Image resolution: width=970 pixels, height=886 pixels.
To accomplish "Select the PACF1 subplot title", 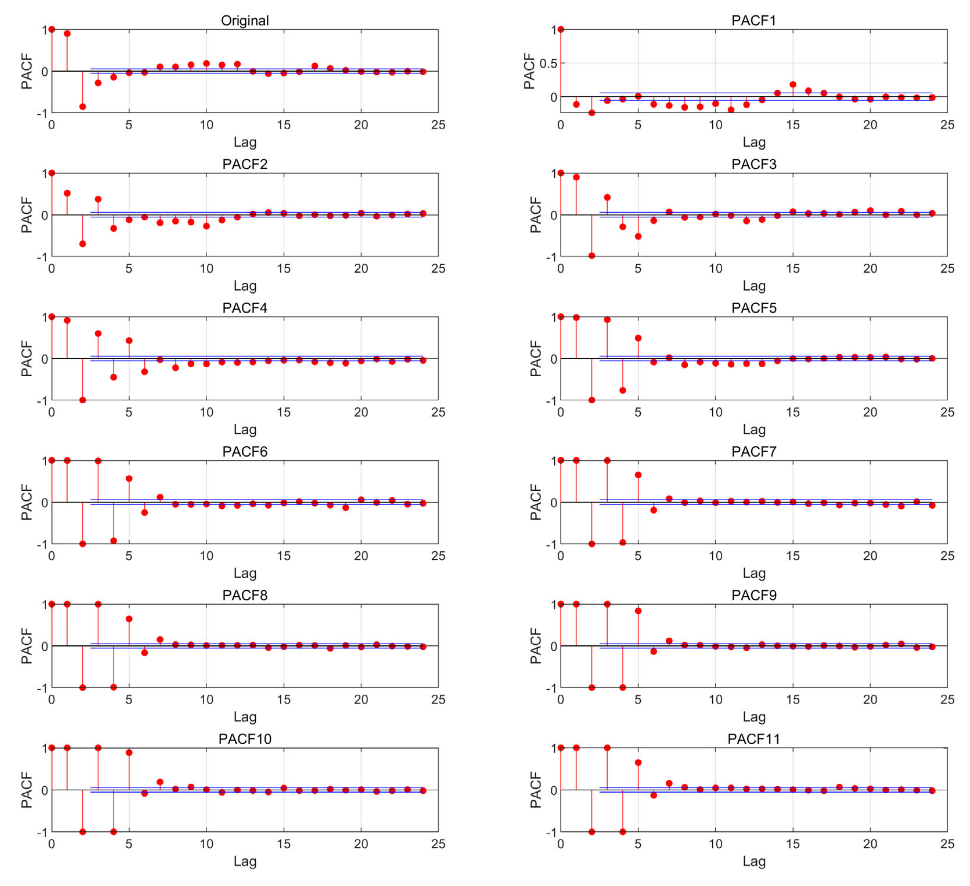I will pyautogui.click(x=754, y=21).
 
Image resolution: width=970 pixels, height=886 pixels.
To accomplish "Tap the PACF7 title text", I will pyautogui.click(x=754, y=451).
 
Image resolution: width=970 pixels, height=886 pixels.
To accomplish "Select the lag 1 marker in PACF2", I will pyautogui.click(x=67, y=193).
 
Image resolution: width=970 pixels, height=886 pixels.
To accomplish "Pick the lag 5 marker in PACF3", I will pyautogui.click(x=638, y=236).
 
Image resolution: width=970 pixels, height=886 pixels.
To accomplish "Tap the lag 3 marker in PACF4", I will pyautogui.click(x=98, y=334).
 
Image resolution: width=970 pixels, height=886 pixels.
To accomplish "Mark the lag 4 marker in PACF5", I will pyautogui.click(x=623, y=390).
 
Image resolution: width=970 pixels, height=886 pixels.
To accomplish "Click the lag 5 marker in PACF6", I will pyautogui.click(x=129, y=479).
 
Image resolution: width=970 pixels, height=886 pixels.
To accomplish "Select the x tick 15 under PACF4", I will pyautogui.click(x=283, y=413).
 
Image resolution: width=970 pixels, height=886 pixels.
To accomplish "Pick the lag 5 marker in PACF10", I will pyautogui.click(x=129, y=753).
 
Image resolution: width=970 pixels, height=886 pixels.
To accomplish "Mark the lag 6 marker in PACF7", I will pyautogui.click(x=653, y=510).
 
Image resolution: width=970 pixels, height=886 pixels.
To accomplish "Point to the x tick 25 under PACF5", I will pyautogui.click(x=947, y=413).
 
